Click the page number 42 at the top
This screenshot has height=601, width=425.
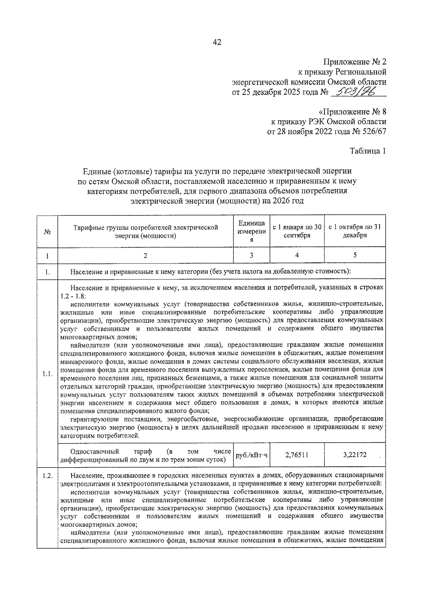pyautogui.click(x=217, y=42)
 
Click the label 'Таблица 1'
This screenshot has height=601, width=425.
pyautogui.click(x=368, y=151)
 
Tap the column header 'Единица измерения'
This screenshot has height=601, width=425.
pyautogui.click(x=251, y=231)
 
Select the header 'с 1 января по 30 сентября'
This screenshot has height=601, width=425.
pyautogui.click(x=297, y=231)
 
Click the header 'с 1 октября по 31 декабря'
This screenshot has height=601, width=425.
pyautogui.click(x=355, y=231)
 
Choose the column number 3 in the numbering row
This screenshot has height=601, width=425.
pyautogui.click(x=251, y=255)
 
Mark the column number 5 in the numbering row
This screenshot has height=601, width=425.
pyautogui.click(x=355, y=255)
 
